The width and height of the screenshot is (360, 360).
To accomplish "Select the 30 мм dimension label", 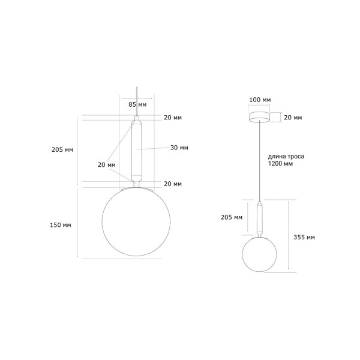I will (x=179, y=148).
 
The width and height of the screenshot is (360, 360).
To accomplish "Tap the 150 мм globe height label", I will (x=62, y=225).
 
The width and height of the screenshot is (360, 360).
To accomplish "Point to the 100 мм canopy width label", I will (x=259, y=99).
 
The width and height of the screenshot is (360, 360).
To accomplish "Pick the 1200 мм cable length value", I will (x=281, y=163).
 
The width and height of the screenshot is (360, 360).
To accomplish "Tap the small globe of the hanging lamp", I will (x=259, y=254).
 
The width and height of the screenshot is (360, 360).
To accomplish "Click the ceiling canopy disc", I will (x=259, y=116).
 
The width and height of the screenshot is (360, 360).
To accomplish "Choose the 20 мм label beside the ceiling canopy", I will (x=293, y=118).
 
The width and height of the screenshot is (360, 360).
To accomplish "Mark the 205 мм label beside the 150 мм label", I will (x=62, y=150).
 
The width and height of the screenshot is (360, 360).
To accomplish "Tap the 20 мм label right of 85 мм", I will (x=173, y=118).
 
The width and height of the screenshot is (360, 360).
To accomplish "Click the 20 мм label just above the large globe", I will (x=173, y=184).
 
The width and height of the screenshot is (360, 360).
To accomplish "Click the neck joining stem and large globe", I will (x=137, y=183).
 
